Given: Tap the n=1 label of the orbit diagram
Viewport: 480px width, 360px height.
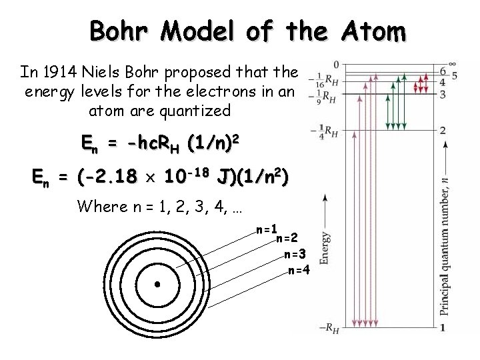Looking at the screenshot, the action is pos(267,229).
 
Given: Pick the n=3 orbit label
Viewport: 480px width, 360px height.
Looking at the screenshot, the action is pos(295,254).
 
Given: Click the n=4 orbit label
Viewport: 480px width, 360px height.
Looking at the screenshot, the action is pos(299,269).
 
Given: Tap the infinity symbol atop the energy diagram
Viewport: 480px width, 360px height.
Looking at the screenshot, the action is pos(453,64).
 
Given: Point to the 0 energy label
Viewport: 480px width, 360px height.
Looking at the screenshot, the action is pos(337,65).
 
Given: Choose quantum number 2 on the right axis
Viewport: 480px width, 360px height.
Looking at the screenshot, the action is pos(443,130).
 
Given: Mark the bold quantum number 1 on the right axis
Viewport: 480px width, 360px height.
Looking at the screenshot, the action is pos(443,327).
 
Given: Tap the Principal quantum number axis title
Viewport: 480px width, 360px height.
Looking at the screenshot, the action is pos(443,246).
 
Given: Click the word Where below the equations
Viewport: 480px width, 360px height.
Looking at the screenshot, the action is pos(100,206).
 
